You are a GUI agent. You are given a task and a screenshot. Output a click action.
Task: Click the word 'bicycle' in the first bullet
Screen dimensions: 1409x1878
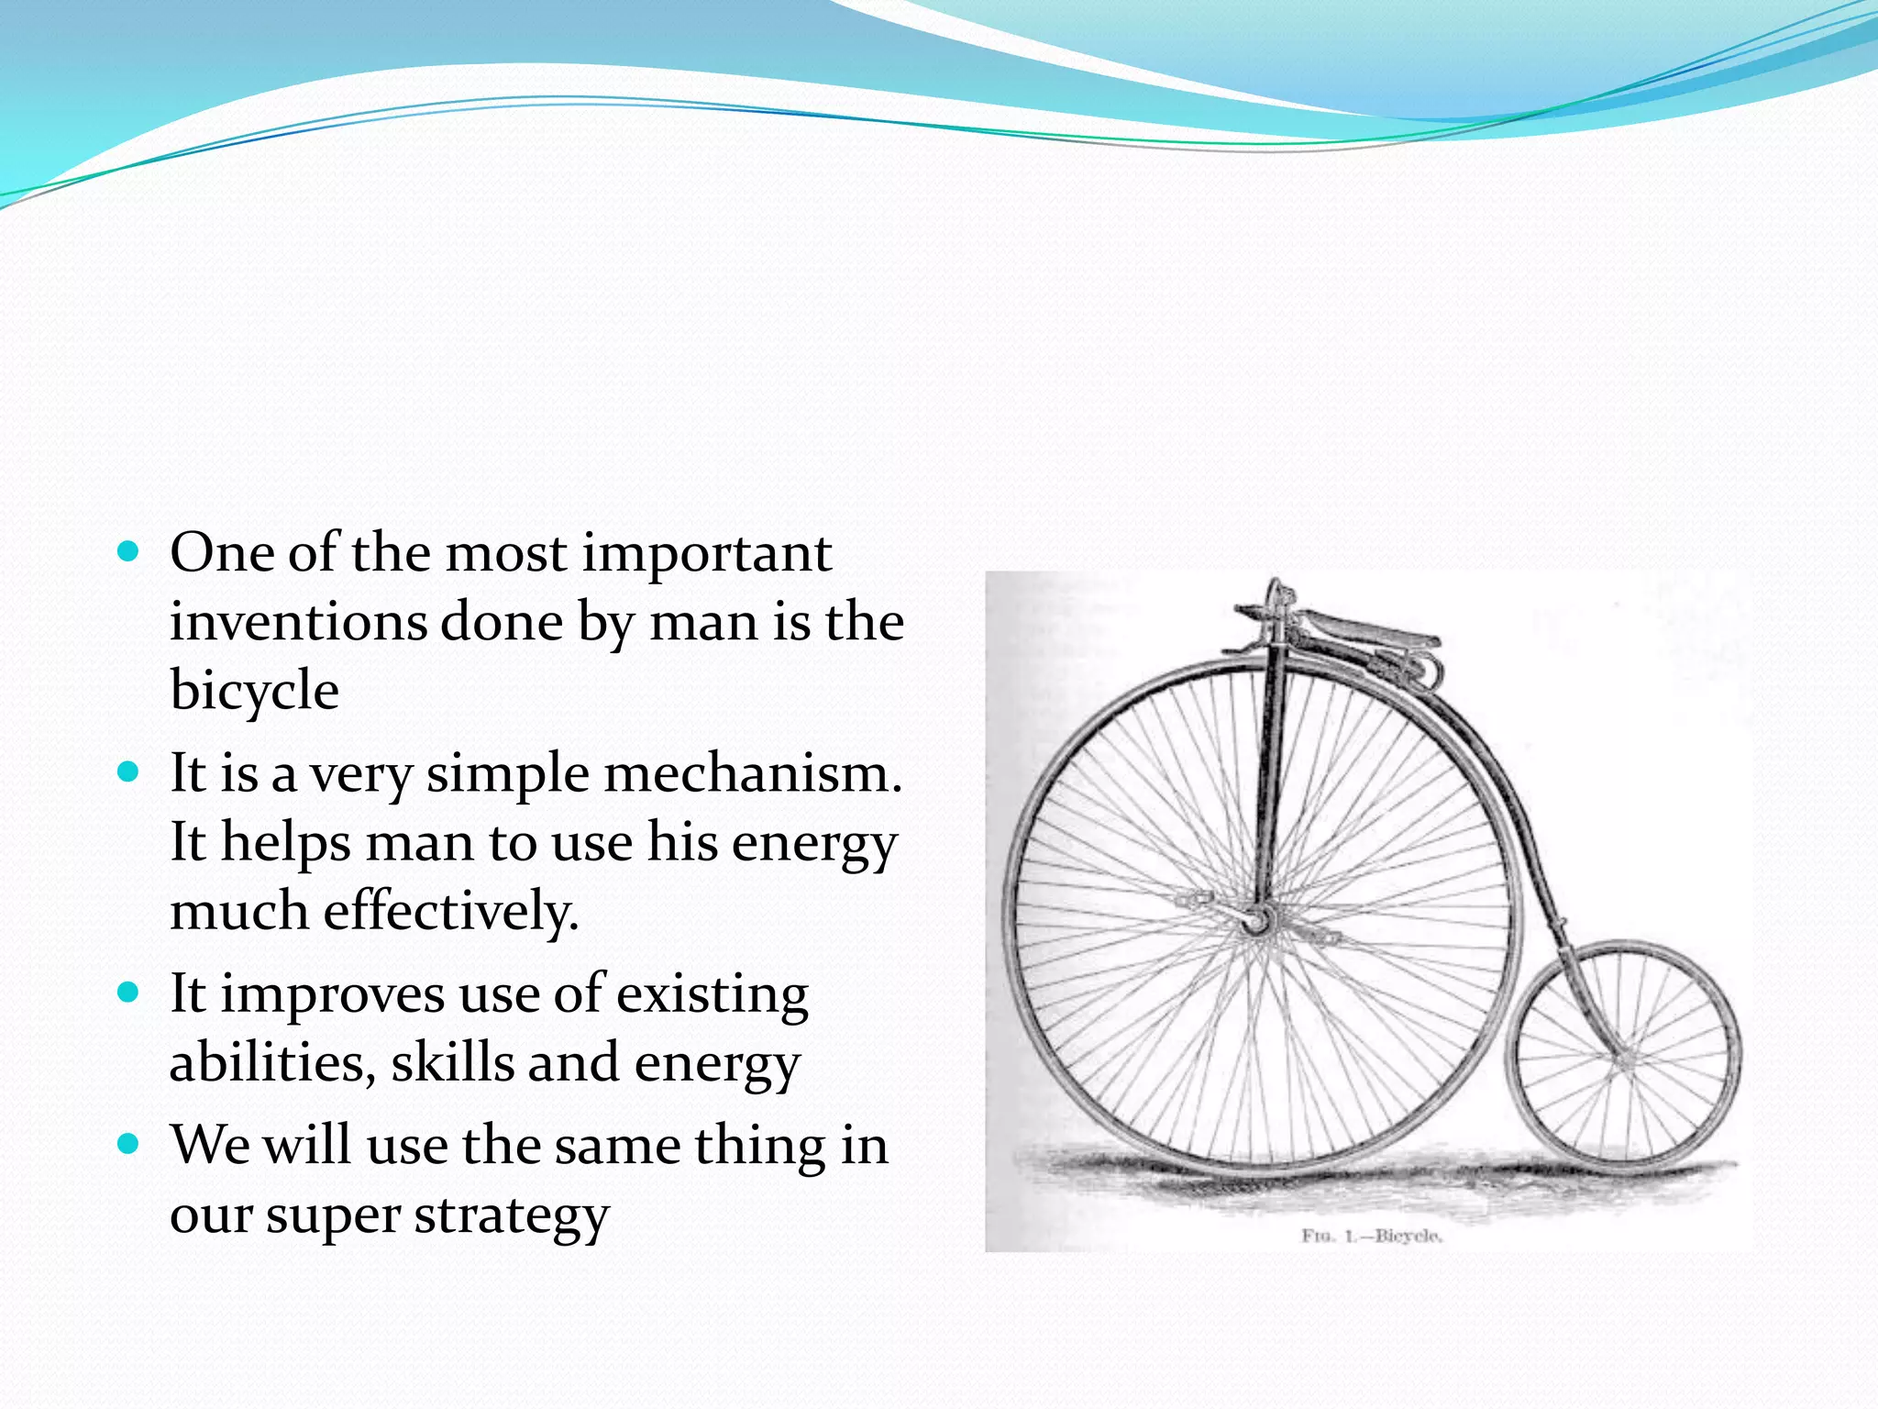coord(254,692)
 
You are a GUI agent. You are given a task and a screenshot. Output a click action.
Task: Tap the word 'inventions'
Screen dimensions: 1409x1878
coord(299,622)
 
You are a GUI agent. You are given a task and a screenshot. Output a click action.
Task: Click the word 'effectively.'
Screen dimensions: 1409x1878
coord(451,911)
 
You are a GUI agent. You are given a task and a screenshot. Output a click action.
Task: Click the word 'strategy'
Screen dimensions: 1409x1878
coord(511,1216)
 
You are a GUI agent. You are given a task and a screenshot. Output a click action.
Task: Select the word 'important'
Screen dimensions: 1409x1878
coord(706,553)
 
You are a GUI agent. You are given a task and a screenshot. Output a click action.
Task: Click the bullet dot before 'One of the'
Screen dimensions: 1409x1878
coord(128,551)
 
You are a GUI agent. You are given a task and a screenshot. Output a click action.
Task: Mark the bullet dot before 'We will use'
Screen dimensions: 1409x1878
coord(128,1144)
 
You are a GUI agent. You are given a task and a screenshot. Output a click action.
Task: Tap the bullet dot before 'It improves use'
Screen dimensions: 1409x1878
coord(128,993)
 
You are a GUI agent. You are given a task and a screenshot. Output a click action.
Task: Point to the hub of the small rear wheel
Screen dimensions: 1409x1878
coord(1624,1059)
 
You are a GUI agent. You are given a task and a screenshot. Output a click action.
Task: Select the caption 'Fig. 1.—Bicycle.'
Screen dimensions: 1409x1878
coord(1372,1236)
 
